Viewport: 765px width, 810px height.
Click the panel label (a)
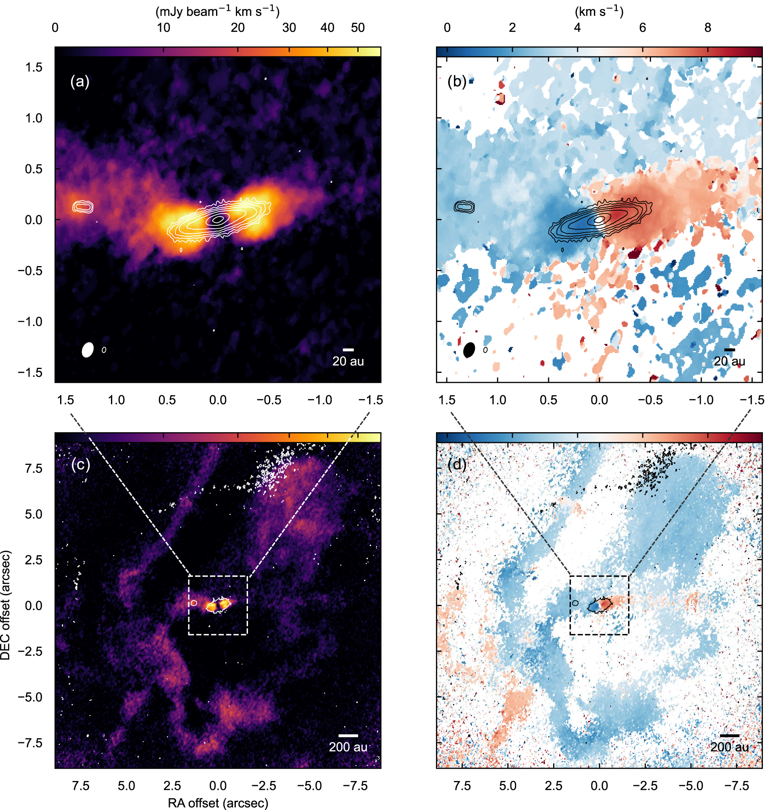pos(80,81)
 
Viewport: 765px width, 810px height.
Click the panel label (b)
pos(457,81)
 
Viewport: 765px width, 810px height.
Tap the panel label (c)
pos(80,464)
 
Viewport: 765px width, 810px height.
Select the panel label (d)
pos(457,464)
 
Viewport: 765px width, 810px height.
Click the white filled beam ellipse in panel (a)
pos(87,350)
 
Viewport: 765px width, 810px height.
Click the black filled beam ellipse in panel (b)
pos(469,350)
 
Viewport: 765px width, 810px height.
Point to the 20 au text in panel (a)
pos(348,361)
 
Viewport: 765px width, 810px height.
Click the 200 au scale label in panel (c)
pos(348,747)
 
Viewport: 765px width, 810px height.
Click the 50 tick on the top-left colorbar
pos(358,28)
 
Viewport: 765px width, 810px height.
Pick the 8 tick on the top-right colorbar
pos(708,28)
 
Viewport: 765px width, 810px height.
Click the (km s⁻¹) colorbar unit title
pos(599,11)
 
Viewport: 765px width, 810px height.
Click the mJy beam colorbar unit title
pos(217,11)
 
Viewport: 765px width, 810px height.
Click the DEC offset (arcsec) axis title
pos(5,605)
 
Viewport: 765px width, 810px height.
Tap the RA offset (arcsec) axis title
pos(218,803)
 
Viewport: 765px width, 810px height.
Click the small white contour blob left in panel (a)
pos(83,207)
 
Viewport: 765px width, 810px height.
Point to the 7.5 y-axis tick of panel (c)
pos(34,468)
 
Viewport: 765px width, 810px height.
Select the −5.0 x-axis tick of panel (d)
pos(691,786)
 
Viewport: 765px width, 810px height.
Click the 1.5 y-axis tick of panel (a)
pos(34,67)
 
